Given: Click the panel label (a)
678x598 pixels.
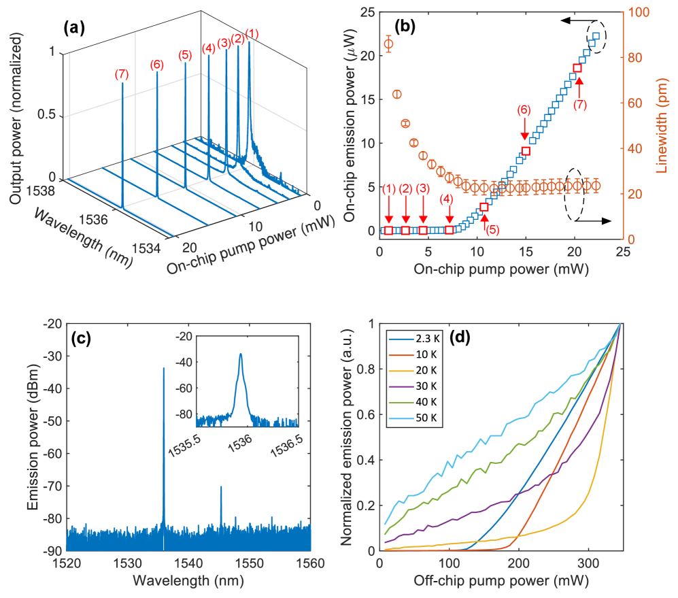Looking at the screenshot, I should [x=74, y=29].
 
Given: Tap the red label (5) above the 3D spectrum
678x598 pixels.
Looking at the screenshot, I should [x=184, y=54].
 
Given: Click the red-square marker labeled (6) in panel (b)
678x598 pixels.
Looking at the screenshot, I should [x=526, y=151].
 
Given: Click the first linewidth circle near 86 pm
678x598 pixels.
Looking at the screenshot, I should [x=388, y=44].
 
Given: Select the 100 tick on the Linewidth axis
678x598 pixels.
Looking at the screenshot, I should [x=636, y=12].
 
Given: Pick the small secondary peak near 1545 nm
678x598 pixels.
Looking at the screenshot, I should [x=221, y=487].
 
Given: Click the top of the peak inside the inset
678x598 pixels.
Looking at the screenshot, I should [x=240, y=354].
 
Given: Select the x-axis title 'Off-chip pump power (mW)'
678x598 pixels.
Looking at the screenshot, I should [x=499, y=582].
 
